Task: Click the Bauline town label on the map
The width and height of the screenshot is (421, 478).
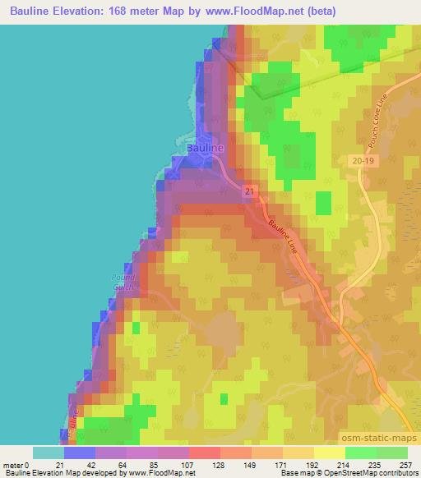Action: click(205, 148)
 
